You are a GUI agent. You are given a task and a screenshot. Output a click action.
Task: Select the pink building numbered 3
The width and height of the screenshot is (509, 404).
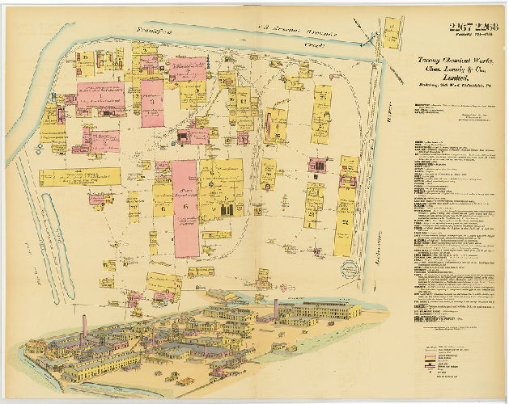[x=152, y=103]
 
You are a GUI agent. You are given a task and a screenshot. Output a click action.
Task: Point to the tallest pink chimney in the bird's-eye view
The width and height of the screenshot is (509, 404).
[x=276, y=308]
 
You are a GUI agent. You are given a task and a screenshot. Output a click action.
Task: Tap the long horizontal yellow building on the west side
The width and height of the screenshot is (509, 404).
[x=80, y=177]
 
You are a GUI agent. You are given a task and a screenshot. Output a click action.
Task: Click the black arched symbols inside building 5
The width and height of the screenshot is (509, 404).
[x=227, y=209]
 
